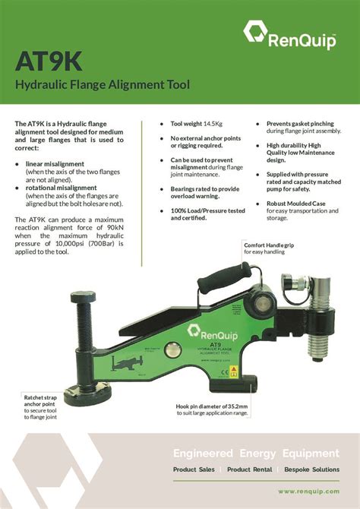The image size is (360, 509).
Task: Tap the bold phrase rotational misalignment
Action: click(x=62, y=187)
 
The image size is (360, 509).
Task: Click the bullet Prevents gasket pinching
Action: click(x=298, y=123)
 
